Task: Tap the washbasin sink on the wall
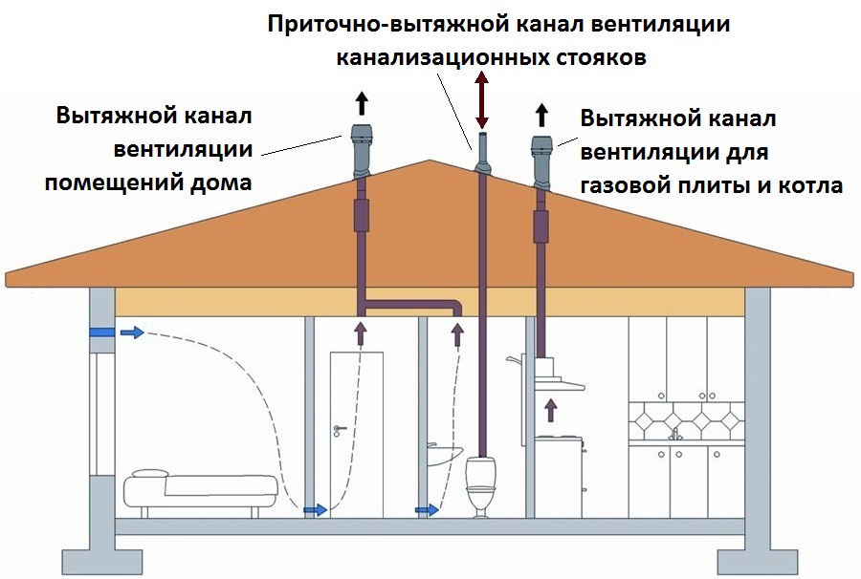444,455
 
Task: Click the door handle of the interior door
339,428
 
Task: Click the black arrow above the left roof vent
361,103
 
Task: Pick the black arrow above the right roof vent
541,116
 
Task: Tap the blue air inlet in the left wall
101,332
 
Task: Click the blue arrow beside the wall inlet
132,332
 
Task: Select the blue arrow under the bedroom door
316,510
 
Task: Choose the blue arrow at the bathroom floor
427,510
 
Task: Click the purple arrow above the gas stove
551,410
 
